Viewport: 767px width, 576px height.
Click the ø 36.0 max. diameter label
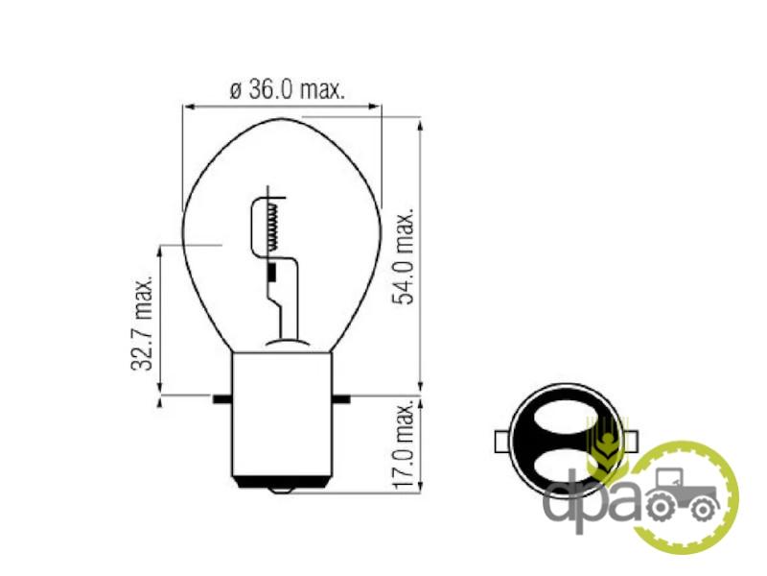coord(287,89)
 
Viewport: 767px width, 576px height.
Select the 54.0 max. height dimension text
coord(405,256)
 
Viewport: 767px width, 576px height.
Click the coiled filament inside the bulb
coord(274,227)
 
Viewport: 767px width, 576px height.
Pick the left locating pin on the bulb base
coord(222,398)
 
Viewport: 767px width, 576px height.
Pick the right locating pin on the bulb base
coord(341,398)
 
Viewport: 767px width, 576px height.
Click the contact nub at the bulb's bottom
coord(281,491)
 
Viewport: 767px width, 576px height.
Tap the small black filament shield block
coord(272,274)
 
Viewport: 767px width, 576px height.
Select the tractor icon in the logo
coord(684,492)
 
